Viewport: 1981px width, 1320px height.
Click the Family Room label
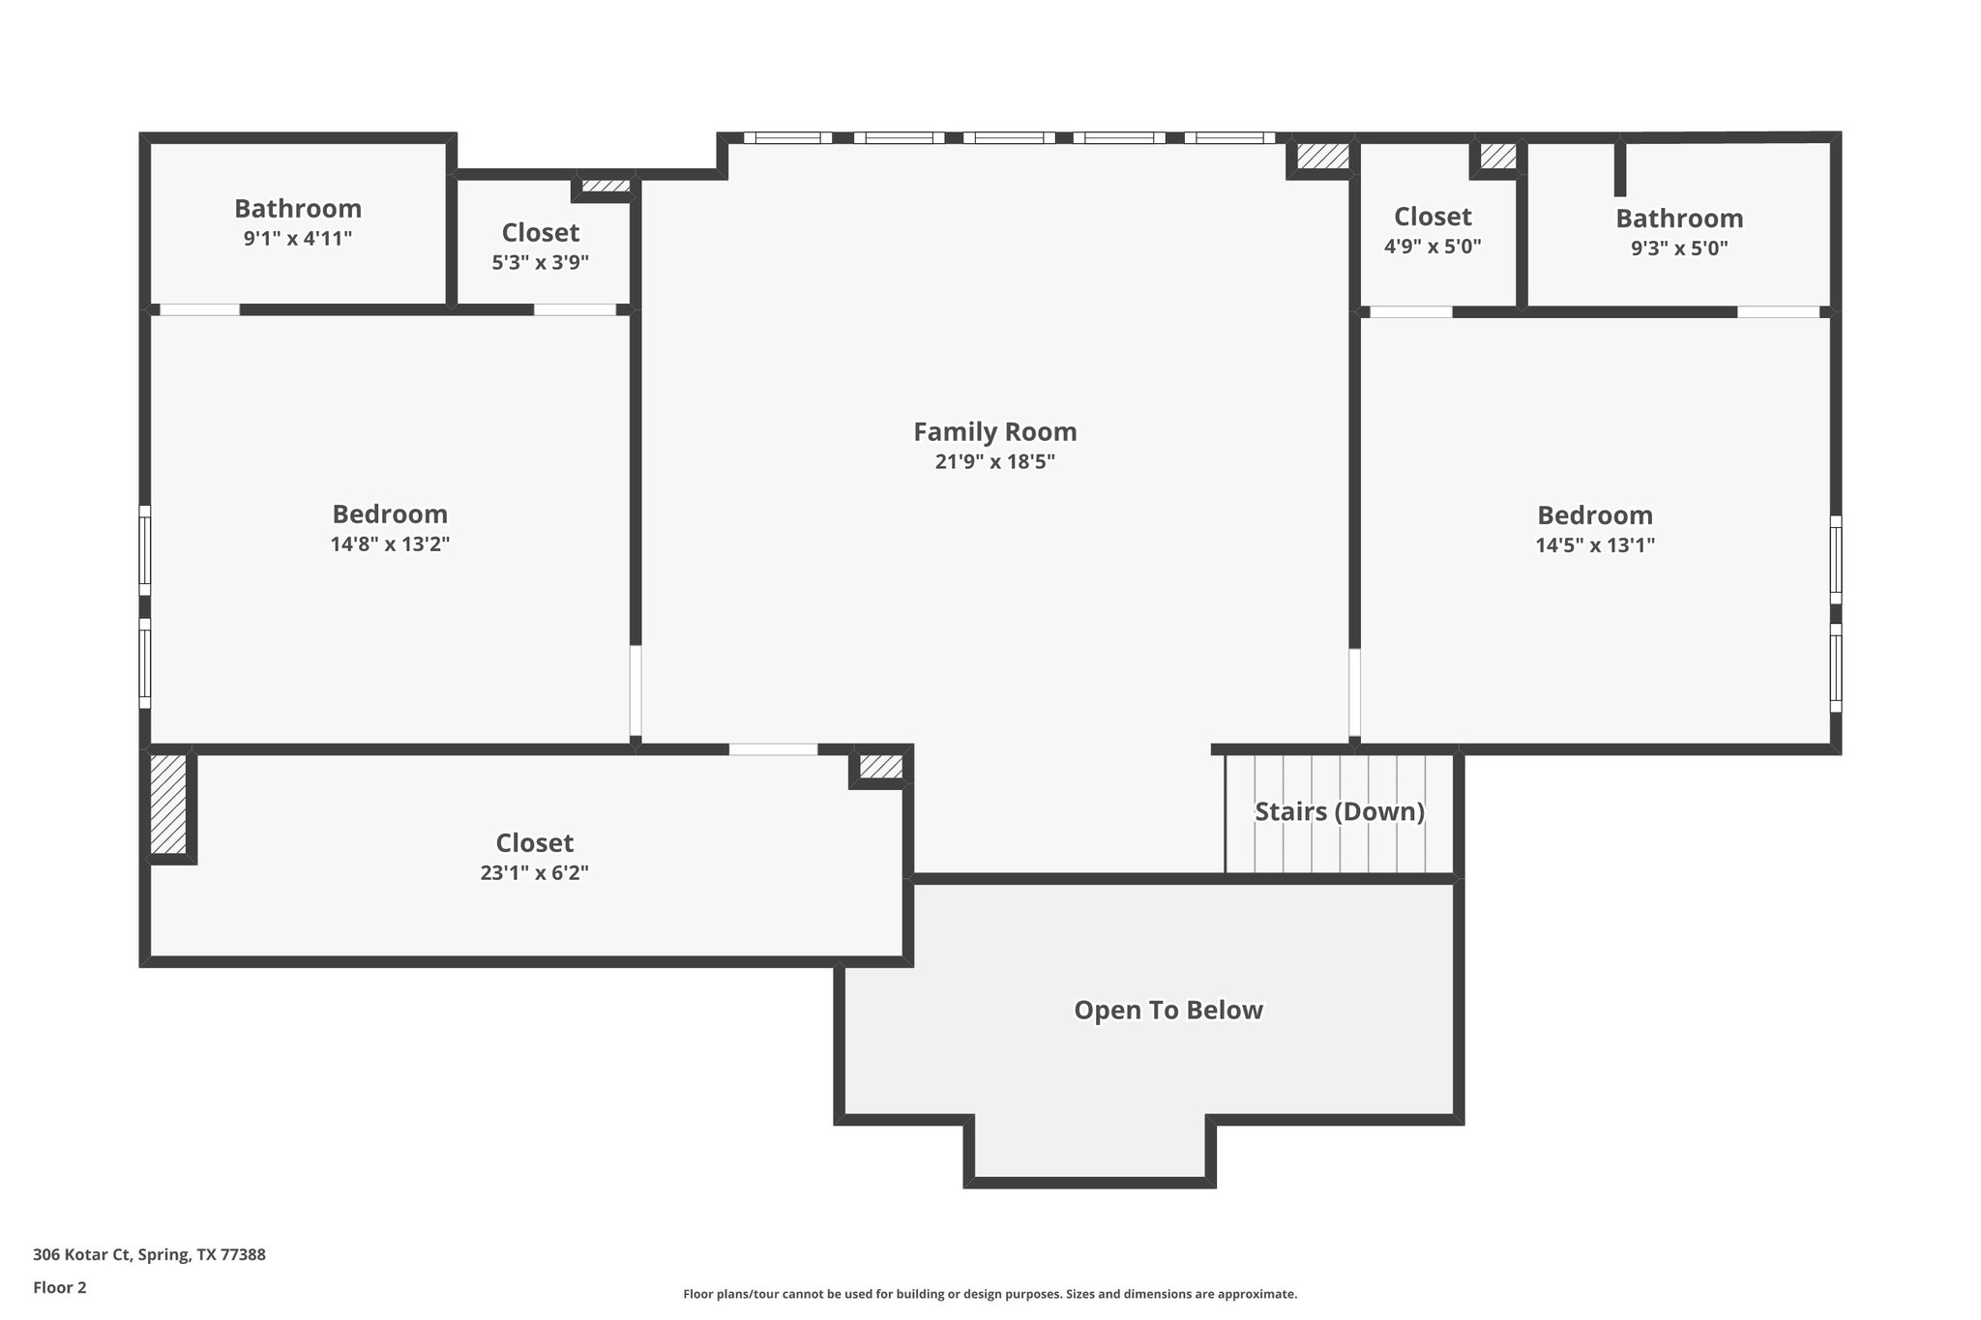tap(994, 431)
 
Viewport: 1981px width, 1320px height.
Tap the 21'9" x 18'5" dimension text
tap(994, 462)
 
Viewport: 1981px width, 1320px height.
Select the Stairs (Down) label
tap(1340, 811)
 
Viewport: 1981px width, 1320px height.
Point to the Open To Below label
tap(1168, 1010)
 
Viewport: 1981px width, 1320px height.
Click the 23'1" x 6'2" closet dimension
tap(534, 873)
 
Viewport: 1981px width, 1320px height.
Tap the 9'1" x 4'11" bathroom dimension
tap(297, 239)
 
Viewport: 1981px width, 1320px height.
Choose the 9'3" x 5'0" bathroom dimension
tap(1679, 249)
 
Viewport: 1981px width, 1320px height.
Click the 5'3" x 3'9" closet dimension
tap(540, 262)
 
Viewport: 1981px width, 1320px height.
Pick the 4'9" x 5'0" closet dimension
tap(1433, 247)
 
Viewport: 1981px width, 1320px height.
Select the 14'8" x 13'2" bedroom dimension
tap(390, 544)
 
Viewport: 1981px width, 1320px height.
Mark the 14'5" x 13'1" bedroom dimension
tap(1595, 545)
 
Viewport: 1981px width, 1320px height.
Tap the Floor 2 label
tap(60, 1287)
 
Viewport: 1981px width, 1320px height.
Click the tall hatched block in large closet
tap(168, 805)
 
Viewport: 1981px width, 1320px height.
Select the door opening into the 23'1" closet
tap(773, 749)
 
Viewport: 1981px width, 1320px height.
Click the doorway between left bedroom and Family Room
tap(636, 691)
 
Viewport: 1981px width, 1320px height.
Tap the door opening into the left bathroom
tap(199, 310)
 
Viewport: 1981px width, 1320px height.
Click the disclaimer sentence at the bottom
tap(990, 1294)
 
